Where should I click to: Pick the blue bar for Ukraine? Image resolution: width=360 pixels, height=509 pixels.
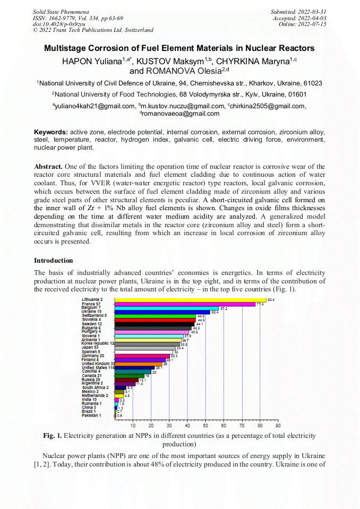(162, 312)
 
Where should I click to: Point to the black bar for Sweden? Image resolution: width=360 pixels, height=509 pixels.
(155, 324)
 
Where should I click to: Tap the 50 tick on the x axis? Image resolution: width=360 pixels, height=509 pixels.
(205, 425)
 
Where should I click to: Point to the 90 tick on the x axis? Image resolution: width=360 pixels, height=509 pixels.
(278, 425)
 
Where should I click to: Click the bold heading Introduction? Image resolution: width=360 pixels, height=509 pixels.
(54, 261)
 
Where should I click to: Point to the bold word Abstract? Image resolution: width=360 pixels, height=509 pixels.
(49, 166)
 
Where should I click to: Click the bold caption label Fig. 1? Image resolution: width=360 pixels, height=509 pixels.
(53, 436)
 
